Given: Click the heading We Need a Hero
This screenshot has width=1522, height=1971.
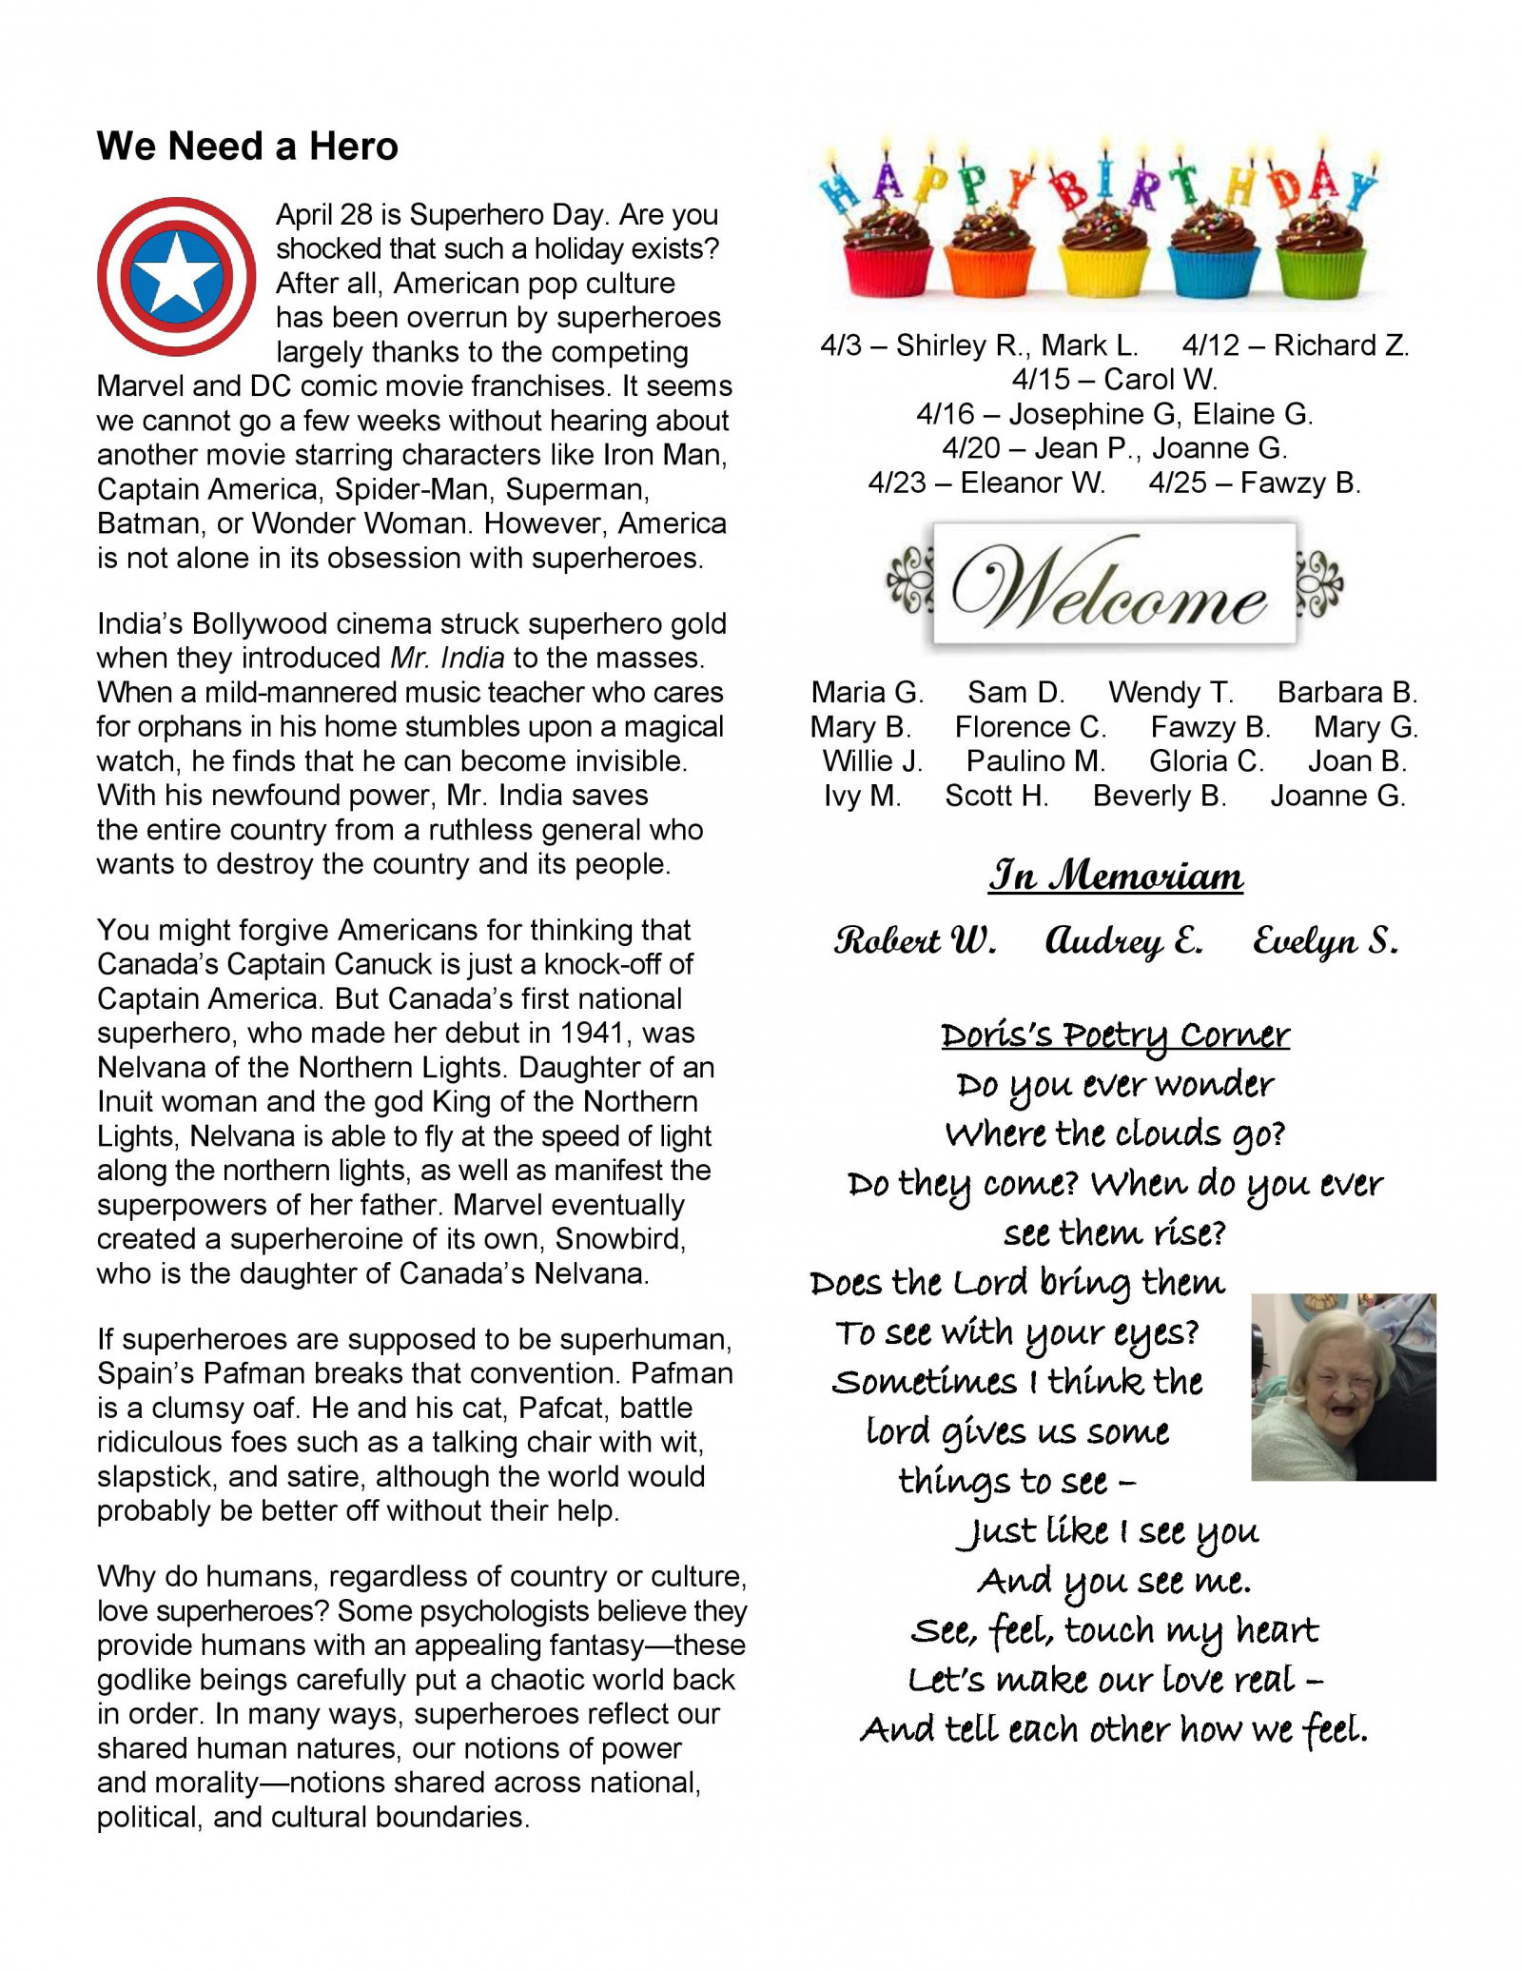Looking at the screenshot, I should coord(247,147).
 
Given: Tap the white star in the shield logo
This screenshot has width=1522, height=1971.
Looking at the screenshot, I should coord(176,276).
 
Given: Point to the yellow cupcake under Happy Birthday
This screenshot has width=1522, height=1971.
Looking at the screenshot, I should coord(1104,257).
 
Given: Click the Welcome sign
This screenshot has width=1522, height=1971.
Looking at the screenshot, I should coord(1114,583).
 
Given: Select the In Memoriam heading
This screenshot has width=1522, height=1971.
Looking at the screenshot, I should coord(1115,877).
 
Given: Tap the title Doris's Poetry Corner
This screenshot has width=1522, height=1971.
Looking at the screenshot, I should coord(1115,1035).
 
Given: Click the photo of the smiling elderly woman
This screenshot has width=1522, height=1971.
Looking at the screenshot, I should coord(1342,1387).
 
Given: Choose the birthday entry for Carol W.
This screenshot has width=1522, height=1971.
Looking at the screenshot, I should coord(1115,380).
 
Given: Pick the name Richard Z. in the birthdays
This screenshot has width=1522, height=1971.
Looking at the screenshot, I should coord(1341,345).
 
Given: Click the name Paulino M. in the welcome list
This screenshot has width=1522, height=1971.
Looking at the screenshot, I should coord(1036,761).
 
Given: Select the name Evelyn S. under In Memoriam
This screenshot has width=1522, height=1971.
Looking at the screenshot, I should coord(1325,941).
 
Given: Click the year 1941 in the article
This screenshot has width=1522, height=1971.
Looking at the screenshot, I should coord(595,1034).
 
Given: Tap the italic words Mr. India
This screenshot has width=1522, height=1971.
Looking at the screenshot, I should coord(447,659).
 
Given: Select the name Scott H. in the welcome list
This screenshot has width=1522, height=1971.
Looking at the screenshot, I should coord(996,796).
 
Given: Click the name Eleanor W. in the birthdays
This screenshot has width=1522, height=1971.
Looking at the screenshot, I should coord(1032,483).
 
